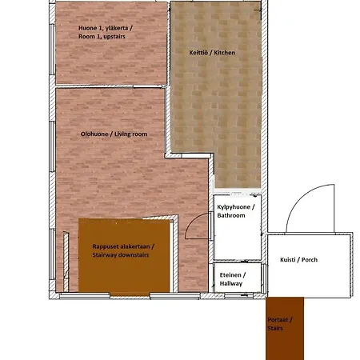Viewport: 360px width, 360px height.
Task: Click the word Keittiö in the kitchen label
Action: [198, 52]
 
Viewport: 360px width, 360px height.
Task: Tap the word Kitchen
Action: [222, 52]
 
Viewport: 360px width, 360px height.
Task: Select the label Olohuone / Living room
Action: [114, 134]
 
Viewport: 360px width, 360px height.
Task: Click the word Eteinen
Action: [231, 274]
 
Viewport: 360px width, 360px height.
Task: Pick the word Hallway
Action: [231, 283]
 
